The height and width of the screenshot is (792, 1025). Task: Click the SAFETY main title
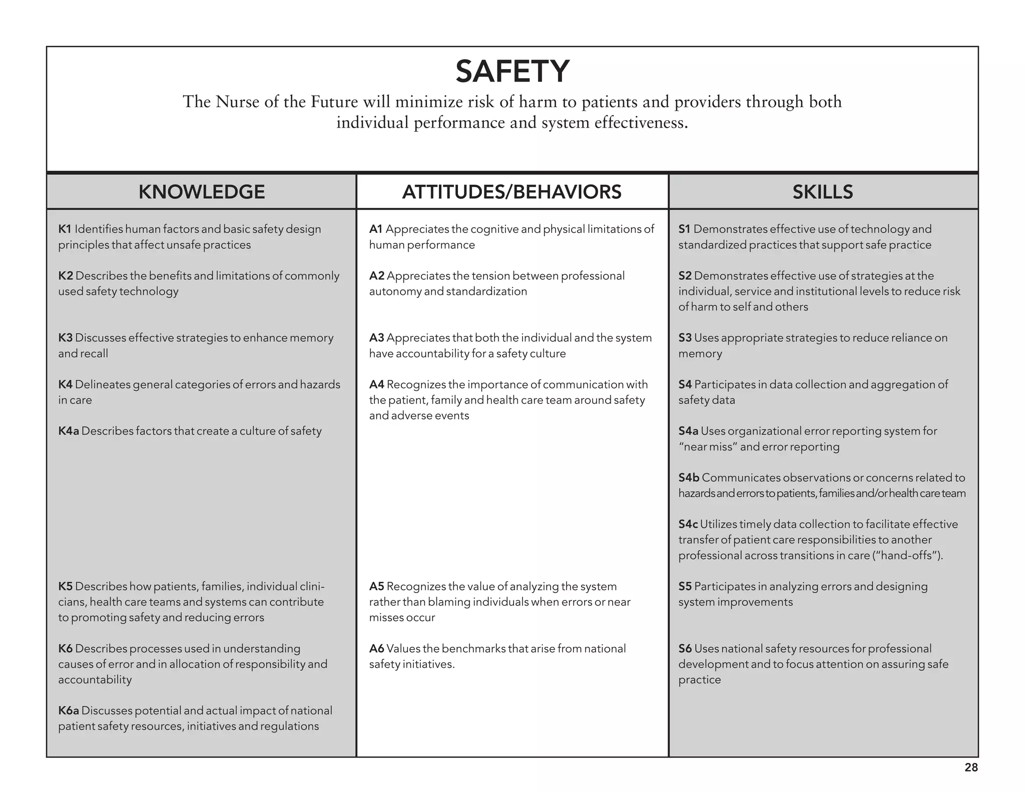(512, 71)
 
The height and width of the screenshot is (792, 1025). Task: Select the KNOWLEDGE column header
(202, 192)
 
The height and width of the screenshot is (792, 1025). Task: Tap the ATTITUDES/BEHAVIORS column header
(511, 192)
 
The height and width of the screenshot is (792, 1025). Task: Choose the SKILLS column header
(822, 192)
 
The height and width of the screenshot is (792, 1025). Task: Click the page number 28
(971, 767)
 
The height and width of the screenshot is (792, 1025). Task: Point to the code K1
(65, 229)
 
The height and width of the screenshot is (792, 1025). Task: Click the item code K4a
(69, 431)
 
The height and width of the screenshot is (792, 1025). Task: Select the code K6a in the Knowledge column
(69, 710)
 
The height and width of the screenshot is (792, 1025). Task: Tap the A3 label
(376, 338)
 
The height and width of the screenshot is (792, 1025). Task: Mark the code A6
(376, 649)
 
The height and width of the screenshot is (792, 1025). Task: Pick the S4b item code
(689, 478)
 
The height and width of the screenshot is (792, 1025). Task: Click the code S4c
(688, 524)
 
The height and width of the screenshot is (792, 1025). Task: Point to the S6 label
(685, 649)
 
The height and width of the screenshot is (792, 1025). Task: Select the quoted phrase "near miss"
(707, 447)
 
